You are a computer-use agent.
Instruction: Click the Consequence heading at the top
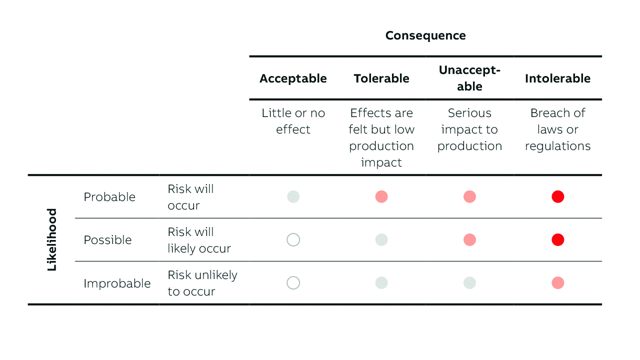pos(425,35)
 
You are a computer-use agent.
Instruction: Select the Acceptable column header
pos(293,78)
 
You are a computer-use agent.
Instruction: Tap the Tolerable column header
pos(381,78)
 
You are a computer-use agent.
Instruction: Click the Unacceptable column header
pos(469,78)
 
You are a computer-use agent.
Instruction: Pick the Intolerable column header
pos(557,78)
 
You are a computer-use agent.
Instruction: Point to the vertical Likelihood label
pos(52,239)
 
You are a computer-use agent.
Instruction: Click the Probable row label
pos(109,197)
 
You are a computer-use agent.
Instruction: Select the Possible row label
pos(107,240)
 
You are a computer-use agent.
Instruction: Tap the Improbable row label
pos(117,283)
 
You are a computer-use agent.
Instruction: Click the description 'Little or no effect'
pos(293,121)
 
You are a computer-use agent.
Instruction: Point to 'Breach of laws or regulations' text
pos(557,129)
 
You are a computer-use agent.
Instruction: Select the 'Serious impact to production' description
pos(469,129)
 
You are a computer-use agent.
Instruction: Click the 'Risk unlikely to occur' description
pos(202,283)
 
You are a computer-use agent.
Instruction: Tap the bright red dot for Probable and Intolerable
pos(557,197)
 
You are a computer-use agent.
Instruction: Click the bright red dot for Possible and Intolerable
pos(557,240)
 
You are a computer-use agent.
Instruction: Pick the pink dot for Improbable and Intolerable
pos(557,283)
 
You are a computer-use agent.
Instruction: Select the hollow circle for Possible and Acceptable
pos(293,240)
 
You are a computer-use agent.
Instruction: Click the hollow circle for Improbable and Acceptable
pos(293,283)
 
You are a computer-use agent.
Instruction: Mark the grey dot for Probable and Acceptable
pos(293,197)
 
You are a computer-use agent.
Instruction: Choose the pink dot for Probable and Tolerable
pos(381,197)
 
